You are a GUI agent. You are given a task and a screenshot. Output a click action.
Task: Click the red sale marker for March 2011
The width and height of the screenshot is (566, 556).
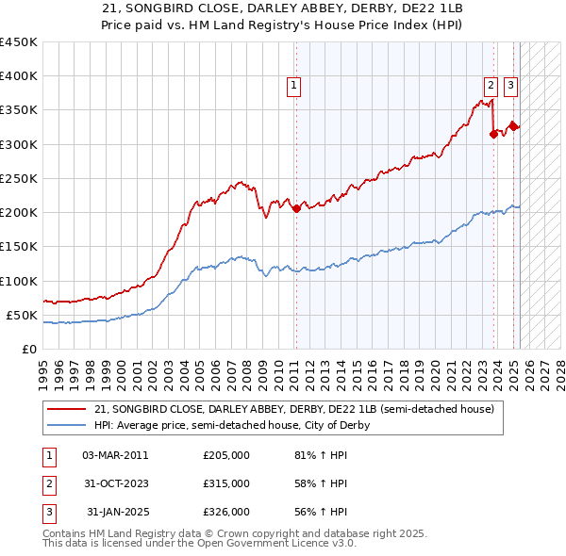296,208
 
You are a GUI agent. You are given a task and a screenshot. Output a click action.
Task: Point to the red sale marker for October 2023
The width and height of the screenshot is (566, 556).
493,134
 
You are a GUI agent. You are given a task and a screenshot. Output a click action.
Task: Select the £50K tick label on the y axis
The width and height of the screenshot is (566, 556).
23,315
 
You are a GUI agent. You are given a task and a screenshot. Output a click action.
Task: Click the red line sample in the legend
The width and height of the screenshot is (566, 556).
67,410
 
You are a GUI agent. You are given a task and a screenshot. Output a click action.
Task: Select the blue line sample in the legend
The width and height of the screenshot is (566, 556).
67,425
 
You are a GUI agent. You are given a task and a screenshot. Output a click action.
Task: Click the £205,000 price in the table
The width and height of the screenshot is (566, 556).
226,455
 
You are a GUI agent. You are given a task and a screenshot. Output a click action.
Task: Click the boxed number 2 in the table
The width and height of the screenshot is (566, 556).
48,483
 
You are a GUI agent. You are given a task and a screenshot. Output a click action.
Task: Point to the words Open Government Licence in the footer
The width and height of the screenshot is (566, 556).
285,545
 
